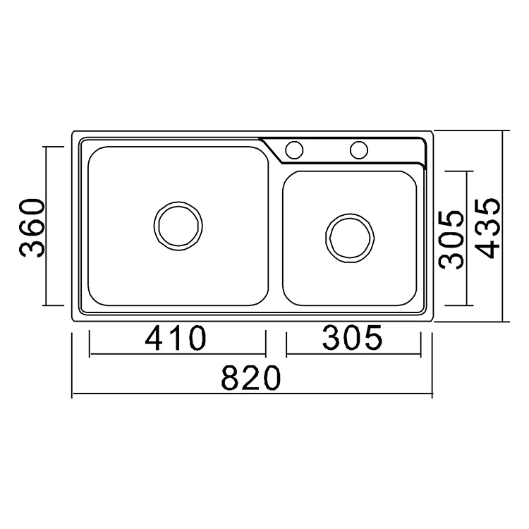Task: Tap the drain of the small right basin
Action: click(x=351, y=236)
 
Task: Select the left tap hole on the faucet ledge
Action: click(x=294, y=150)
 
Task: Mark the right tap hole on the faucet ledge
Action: click(x=359, y=150)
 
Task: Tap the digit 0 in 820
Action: click(x=272, y=379)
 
